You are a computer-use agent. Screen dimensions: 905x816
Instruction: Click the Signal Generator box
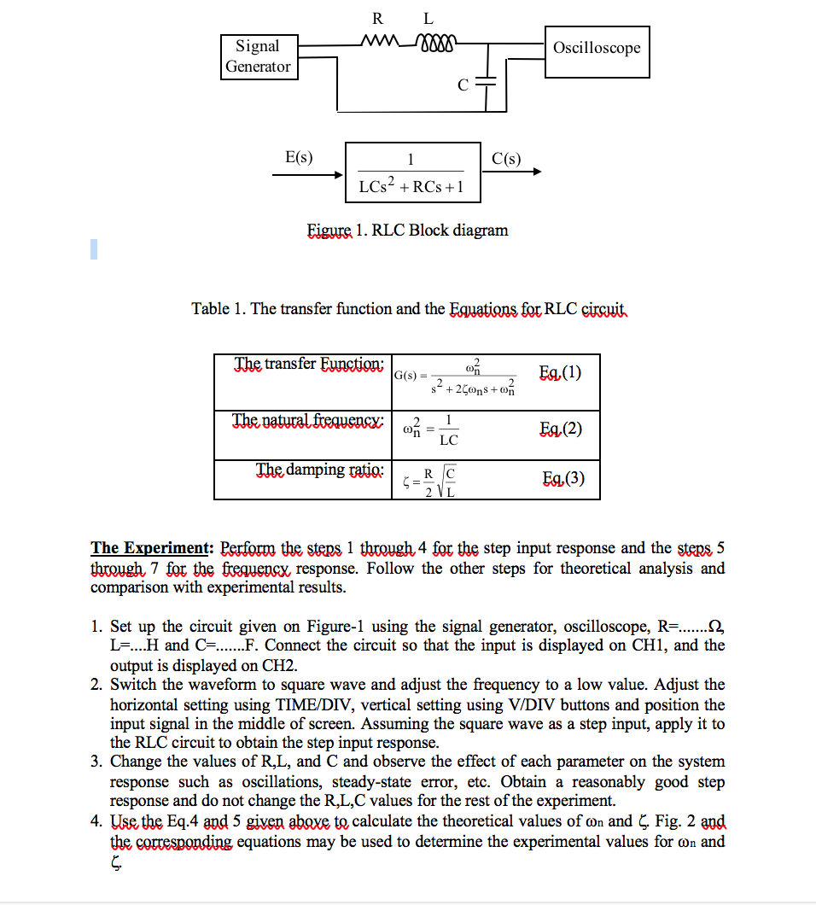[x=258, y=56]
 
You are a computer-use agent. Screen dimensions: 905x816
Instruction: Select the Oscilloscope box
[x=597, y=48]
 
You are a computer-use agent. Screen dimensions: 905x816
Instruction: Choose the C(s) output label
[x=507, y=157]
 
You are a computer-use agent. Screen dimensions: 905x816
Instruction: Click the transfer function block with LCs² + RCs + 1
[x=411, y=172]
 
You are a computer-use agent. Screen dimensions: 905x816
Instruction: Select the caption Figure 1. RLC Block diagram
[x=407, y=231]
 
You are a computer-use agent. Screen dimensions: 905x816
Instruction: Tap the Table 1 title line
[x=409, y=308]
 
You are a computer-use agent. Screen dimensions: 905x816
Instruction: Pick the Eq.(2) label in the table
[x=561, y=429]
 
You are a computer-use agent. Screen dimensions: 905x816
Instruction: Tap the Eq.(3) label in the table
[x=563, y=478]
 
